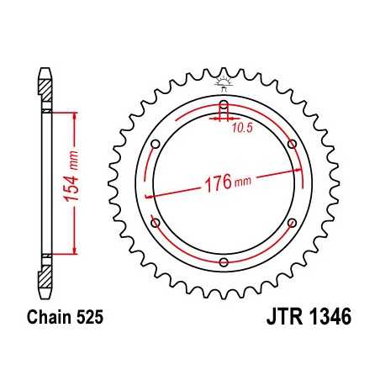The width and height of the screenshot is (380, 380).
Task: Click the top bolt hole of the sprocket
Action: (223, 107)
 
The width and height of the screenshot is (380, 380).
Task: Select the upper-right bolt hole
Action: (291, 145)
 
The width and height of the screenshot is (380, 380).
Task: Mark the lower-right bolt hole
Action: (291, 224)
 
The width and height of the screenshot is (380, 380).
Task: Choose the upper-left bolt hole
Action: (156, 145)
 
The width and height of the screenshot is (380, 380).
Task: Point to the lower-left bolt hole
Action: (156, 224)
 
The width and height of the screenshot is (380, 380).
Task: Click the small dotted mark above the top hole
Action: (223, 82)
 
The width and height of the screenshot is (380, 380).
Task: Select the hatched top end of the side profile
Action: (43, 81)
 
